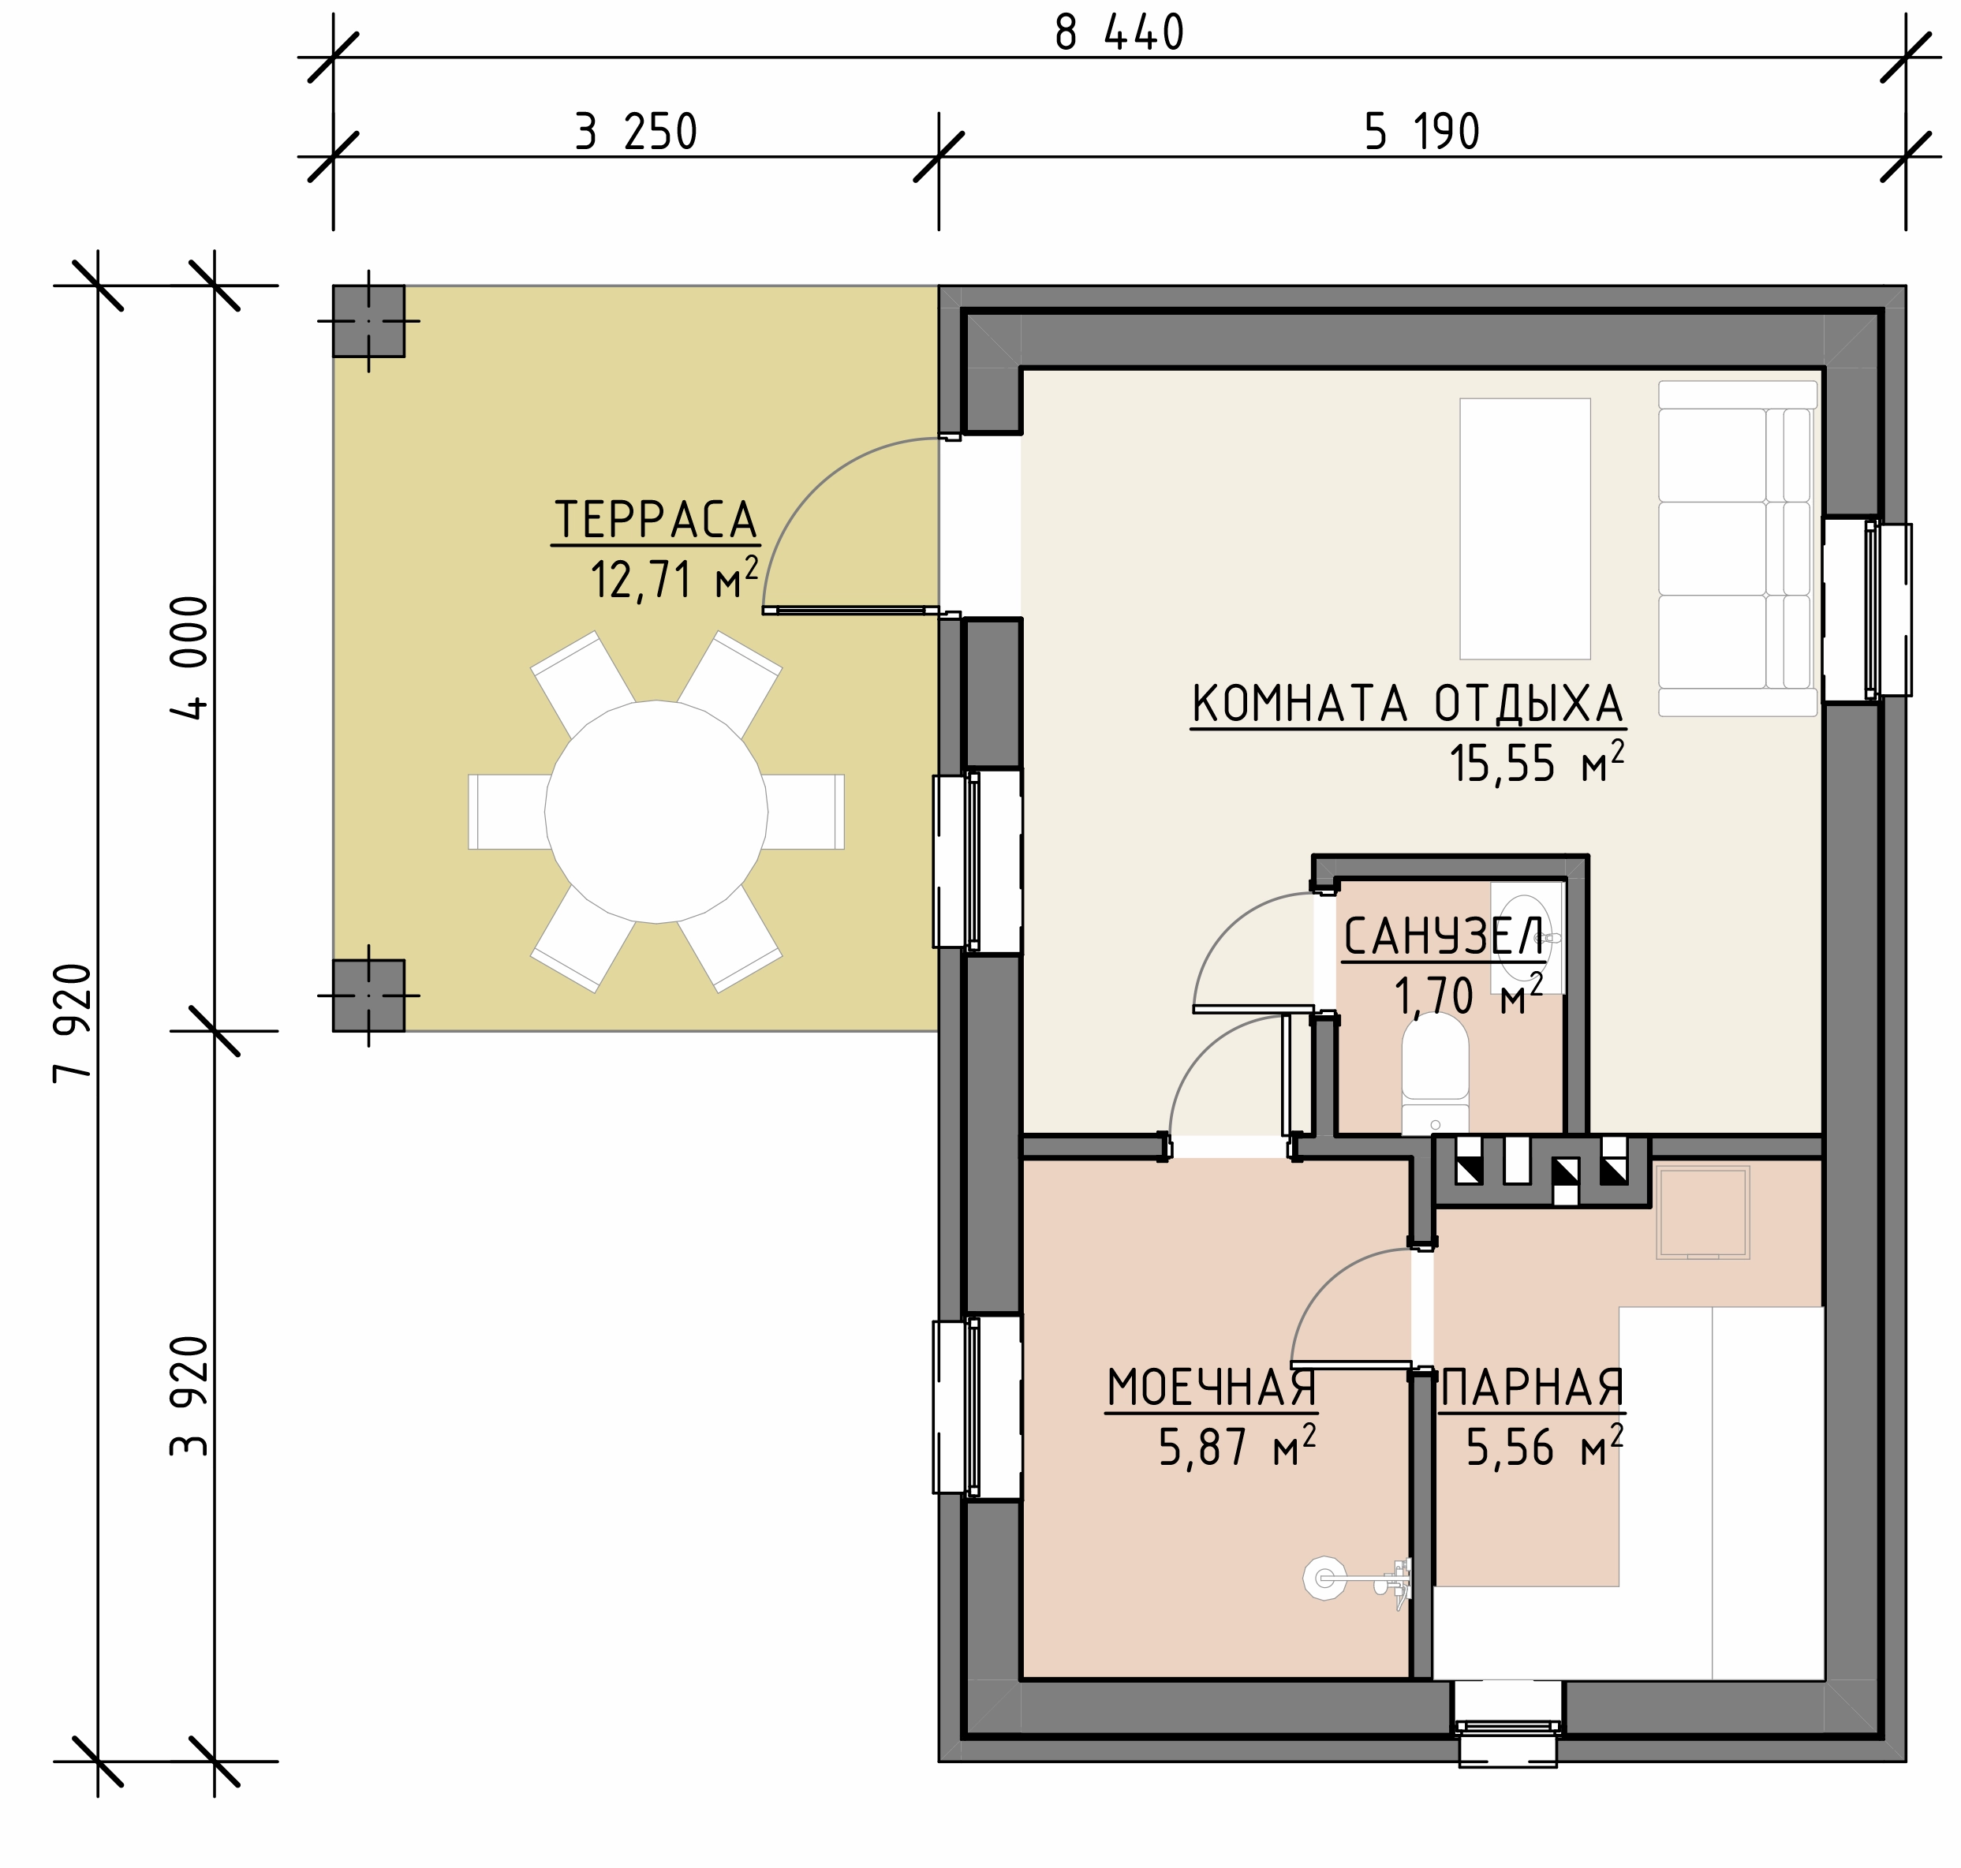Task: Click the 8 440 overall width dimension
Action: point(1119,34)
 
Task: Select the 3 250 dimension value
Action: point(636,133)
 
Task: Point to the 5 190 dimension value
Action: point(1421,133)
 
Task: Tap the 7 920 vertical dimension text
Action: point(73,1022)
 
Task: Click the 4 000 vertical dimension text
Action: point(189,658)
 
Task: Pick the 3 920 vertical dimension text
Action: point(189,1396)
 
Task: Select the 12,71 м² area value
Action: point(675,578)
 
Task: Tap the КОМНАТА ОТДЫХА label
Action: point(1407,704)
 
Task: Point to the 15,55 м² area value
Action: point(1537,763)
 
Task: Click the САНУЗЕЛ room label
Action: point(1443,937)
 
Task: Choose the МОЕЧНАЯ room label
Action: point(1212,1388)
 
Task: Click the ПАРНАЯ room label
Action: point(1532,1388)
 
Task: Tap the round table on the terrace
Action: point(656,812)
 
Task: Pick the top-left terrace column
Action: point(368,320)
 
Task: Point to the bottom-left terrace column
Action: point(368,995)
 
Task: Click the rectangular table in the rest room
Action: point(1525,529)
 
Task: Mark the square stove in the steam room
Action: point(1703,1212)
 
